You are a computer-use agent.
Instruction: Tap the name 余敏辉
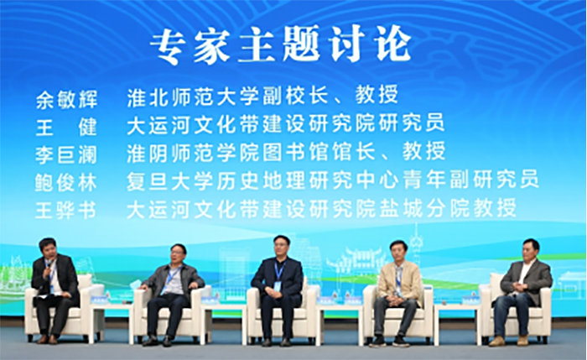point(66,100)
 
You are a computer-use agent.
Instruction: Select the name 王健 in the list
point(66,127)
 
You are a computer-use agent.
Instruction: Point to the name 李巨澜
point(66,154)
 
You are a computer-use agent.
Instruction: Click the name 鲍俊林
point(66,183)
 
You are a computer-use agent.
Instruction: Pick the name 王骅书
point(65,210)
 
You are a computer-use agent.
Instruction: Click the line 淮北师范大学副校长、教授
point(262,95)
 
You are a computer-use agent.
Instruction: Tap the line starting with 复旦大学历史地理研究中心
point(333,180)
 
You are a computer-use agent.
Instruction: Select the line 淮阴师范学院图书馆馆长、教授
point(286,151)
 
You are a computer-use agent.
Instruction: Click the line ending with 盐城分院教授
point(321,208)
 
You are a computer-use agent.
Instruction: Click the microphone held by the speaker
point(49,265)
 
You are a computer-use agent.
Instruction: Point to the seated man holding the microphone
point(55,290)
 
